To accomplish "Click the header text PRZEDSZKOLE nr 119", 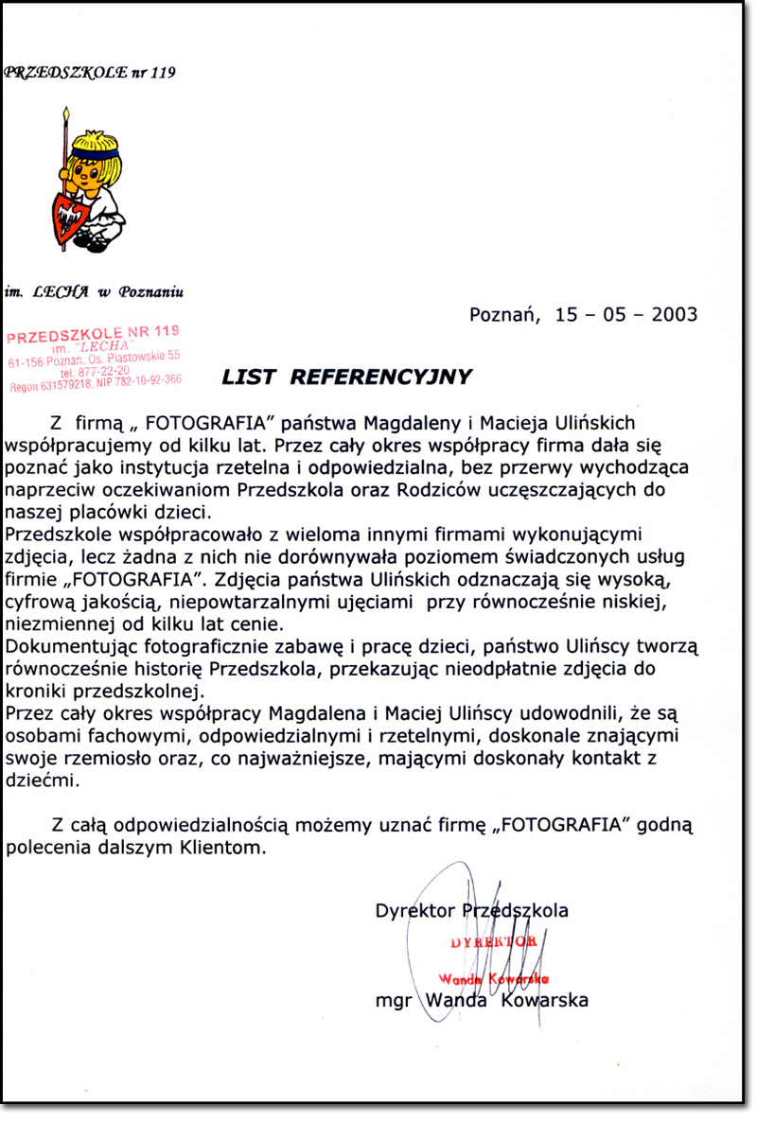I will tap(90, 71).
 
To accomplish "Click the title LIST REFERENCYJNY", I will tap(346, 377).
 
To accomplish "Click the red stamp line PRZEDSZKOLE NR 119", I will tap(93, 334).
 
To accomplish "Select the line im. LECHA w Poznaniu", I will tap(94, 292).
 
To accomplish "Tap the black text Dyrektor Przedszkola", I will tap(471, 911).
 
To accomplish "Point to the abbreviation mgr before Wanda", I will tap(394, 1000).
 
